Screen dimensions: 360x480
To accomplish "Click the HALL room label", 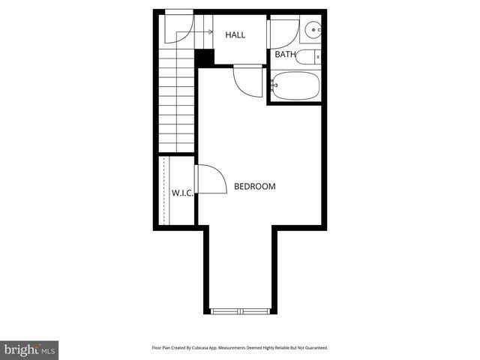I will click(235, 34).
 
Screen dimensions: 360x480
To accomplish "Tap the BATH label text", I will click(285, 55).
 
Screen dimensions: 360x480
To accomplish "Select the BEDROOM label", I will click(255, 187).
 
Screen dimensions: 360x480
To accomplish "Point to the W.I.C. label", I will click(183, 193).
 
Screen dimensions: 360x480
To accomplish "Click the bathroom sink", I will click(313, 31).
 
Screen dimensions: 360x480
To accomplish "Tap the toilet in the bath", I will click(308, 56).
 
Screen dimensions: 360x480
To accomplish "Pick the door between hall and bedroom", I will click(247, 78).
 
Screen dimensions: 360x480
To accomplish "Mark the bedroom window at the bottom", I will click(240, 310).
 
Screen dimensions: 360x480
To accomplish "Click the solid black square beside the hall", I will click(203, 57).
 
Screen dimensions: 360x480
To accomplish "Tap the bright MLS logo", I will click(30, 349).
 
